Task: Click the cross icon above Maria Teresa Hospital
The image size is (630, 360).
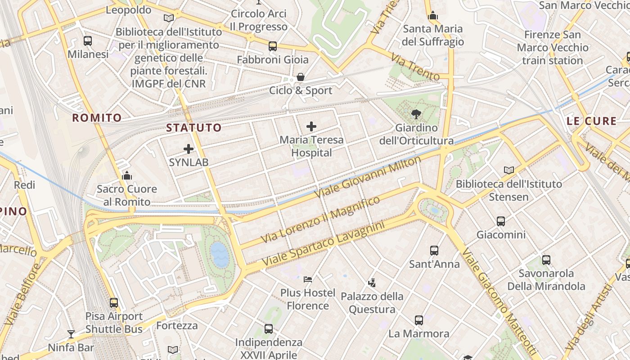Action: point(311,126)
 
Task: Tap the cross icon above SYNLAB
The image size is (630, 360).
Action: point(189,148)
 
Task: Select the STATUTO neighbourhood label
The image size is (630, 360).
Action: point(194,128)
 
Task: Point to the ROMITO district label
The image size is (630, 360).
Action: point(97,118)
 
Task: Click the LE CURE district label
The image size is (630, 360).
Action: point(591,121)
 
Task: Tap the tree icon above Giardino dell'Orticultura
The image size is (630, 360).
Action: point(416,114)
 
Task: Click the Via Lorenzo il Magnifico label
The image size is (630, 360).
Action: point(320,220)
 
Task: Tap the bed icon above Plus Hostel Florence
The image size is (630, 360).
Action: point(308,279)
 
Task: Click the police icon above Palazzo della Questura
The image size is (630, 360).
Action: point(372,283)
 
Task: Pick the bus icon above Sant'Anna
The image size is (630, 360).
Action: point(434,251)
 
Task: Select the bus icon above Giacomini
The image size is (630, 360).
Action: point(501,221)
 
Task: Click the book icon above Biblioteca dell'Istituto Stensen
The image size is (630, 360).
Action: point(509,171)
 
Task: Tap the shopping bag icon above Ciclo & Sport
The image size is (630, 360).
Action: point(301,77)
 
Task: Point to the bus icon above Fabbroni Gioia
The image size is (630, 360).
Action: point(273,46)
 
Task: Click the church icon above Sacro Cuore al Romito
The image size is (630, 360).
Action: point(127,175)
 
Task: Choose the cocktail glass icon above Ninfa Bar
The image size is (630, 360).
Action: point(71,334)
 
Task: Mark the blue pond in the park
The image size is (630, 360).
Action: point(220,254)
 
